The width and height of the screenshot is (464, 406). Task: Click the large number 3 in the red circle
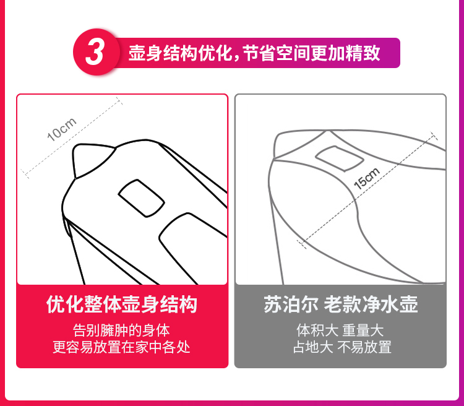point(95,53)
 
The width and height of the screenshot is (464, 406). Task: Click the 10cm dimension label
point(62,129)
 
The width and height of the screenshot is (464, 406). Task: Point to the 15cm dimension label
point(367,178)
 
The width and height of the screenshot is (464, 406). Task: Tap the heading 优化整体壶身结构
point(122,304)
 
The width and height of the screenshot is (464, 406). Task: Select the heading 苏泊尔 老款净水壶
point(341,304)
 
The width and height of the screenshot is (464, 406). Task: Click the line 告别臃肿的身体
point(121,330)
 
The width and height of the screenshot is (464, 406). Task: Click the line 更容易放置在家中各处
point(121,347)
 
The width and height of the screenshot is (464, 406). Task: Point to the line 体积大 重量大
point(340,330)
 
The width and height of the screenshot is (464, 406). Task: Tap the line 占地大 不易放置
point(342,347)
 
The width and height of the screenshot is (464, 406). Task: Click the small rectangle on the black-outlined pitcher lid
point(141,198)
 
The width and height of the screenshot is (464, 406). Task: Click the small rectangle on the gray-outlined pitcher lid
point(340,158)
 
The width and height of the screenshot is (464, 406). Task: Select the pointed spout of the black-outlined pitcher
point(90,159)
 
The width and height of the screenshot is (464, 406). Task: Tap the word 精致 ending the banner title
point(363,53)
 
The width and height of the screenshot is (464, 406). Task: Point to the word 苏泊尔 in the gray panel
point(291,304)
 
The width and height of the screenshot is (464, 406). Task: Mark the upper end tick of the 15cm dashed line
point(434,136)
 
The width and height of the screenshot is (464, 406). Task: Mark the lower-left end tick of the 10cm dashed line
point(25,174)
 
